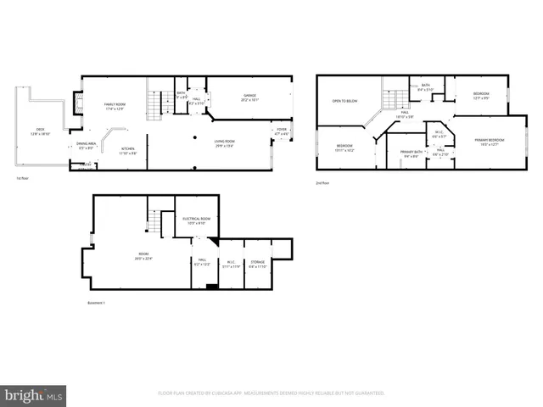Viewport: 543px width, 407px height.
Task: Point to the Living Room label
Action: [x=224, y=142]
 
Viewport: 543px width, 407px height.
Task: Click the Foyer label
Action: [x=280, y=132]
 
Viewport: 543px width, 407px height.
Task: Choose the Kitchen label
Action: [x=127, y=152]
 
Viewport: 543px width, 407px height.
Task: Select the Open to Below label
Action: [x=344, y=101]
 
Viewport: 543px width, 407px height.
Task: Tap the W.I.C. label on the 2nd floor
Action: [x=439, y=134]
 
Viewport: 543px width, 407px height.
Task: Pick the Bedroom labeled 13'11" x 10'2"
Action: [x=344, y=148]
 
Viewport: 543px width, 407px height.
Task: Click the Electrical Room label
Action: [x=197, y=220]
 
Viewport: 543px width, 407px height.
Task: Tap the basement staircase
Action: [x=158, y=223]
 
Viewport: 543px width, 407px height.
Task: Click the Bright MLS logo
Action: [x=34, y=395]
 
